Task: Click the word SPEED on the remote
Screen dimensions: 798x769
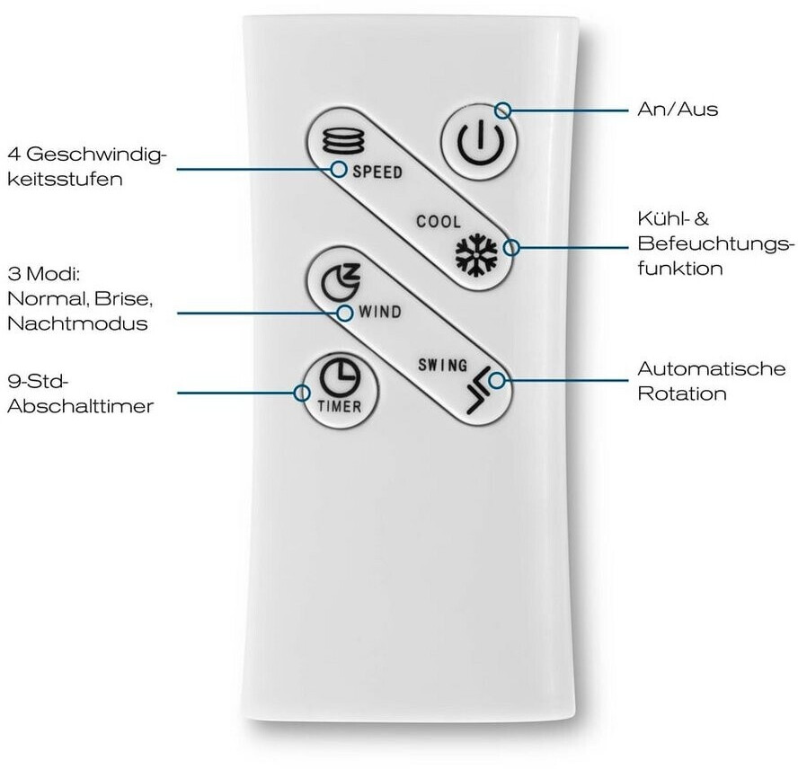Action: point(377,172)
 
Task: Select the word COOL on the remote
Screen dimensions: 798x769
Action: point(438,221)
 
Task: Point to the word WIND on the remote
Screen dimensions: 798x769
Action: point(379,314)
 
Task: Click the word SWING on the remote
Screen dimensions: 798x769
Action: point(442,366)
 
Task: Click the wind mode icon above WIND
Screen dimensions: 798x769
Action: point(340,281)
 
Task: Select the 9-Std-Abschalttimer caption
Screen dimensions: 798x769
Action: point(79,393)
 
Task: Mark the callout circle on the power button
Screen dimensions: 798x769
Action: point(503,110)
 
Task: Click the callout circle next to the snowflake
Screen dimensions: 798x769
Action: point(512,248)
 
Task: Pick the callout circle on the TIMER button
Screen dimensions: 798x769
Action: point(301,392)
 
